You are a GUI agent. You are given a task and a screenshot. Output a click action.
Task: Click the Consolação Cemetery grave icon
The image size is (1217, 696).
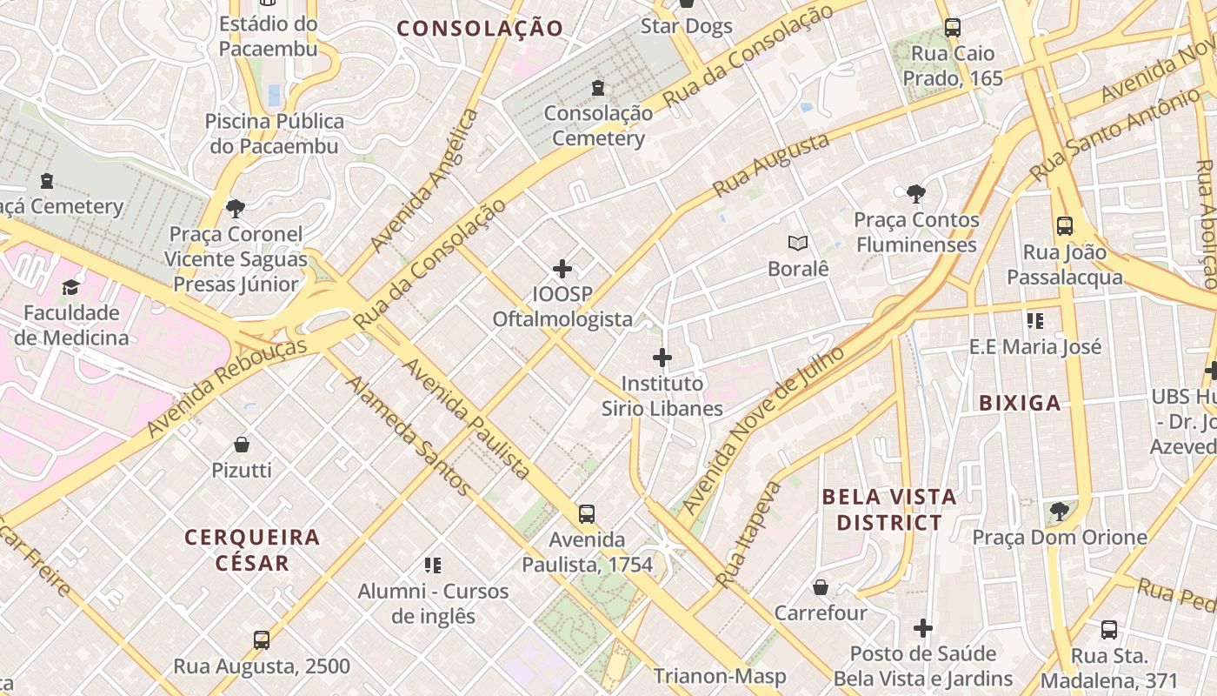pyautogui.click(x=598, y=88)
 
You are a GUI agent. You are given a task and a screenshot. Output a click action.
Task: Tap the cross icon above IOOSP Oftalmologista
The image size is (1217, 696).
pyautogui.click(x=562, y=269)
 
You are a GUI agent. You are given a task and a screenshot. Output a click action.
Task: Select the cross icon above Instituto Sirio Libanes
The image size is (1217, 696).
pyautogui.click(x=662, y=358)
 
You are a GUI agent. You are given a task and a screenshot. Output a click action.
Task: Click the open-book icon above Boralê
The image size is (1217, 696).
pyautogui.click(x=798, y=244)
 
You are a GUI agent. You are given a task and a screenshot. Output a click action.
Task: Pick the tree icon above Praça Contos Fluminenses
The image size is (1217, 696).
pyautogui.click(x=915, y=194)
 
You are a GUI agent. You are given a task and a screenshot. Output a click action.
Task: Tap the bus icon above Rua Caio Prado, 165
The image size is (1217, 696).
pyautogui.click(x=953, y=28)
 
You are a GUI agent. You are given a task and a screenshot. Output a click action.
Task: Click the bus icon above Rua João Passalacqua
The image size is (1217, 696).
pyautogui.click(x=1065, y=227)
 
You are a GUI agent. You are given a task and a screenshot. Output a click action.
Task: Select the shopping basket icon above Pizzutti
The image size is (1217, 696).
pyautogui.click(x=242, y=445)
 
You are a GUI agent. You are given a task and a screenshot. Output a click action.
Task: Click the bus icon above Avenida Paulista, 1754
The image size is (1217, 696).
pyautogui.click(x=587, y=514)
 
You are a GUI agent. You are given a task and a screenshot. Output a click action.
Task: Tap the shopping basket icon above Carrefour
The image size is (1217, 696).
pyautogui.click(x=821, y=588)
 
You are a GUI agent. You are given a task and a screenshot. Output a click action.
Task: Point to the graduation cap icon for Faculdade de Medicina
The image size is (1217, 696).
pyautogui.click(x=70, y=286)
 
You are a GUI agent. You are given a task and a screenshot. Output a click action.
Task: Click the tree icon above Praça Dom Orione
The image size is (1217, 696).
pyautogui.click(x=1059, y=512)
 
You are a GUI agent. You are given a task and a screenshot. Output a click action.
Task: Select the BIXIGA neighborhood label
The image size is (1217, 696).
pyautogui.click(x=1020, y=403)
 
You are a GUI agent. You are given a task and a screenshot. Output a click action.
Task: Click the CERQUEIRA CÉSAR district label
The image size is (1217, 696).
pyautogui.click(x=252, y=549)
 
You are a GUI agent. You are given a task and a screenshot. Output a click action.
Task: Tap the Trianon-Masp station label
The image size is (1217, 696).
pyautogui.click(x=720, y=676)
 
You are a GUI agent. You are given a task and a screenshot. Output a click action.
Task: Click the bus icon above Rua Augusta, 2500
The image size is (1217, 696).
pyautogui.click(x=262, y=641)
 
